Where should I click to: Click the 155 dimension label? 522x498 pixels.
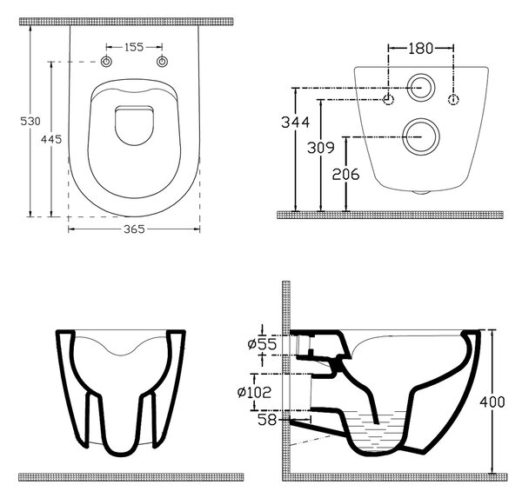coord(134,47)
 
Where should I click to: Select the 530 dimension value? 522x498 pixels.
coord(30,121)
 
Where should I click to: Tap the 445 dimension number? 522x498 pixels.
coord(51,139)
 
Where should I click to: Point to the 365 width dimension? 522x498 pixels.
coord(134,229)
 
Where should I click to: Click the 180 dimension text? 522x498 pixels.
coord(420,49)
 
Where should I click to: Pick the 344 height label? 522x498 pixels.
coord(295,123)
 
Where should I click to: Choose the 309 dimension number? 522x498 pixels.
coord(320,148)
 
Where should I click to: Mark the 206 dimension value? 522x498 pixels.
coord(346,175)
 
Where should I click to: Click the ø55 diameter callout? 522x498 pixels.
coord(263,344)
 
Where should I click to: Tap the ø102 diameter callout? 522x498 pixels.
coord(254,393)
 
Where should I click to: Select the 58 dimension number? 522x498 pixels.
coord(267,420)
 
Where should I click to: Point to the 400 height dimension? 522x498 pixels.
coord(492,402)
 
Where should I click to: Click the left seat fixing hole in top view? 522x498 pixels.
coord(106,62)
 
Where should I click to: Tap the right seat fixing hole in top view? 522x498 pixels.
coord(162,62)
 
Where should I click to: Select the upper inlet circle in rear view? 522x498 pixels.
coord(421,88)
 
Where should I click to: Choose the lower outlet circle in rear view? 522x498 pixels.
coord(421,136)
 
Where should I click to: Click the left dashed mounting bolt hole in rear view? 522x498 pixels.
coord(388,99)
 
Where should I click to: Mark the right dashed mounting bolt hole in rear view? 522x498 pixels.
coord(453,99)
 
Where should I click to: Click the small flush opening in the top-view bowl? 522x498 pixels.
coord(134,125)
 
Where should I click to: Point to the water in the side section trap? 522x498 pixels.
coord(376,433)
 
